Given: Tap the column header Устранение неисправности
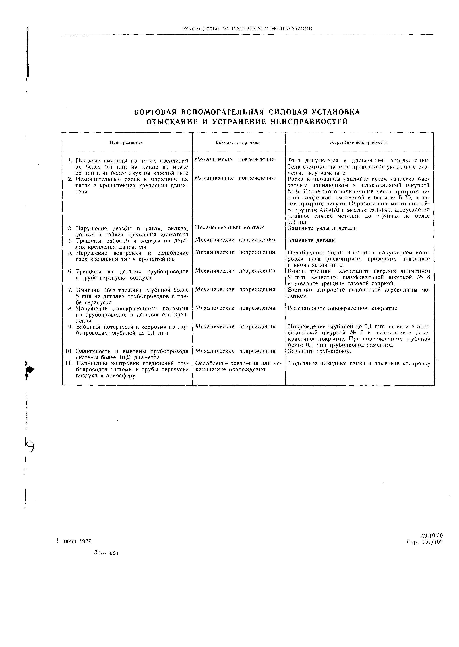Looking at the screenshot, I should click(x=358, y=142).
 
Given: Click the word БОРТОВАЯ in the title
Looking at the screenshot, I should click(x=155, y=112).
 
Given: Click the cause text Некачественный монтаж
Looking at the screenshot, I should click(x=229, y=227).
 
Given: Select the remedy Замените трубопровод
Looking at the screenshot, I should click(x=319, y=351).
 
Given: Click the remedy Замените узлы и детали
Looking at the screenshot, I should click(x=322, y=228).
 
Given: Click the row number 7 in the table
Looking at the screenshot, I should click(x=70, y=290).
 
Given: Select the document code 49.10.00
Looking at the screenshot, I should click(x=432, y=536).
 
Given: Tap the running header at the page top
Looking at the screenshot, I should click(x=247, y=28).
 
